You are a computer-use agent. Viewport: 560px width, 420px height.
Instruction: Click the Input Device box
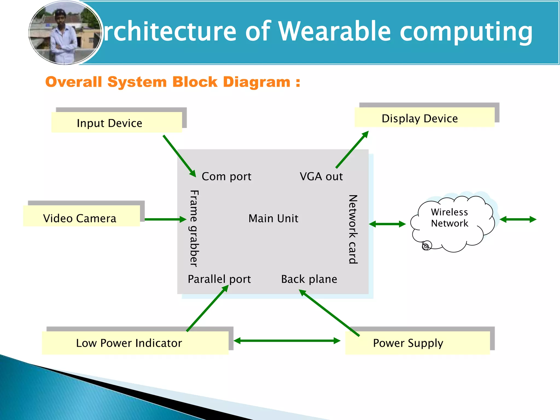coord(117,122)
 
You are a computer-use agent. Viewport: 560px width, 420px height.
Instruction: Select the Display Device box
coord(424,117)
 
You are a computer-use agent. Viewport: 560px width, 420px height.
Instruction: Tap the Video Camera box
coord(81,216)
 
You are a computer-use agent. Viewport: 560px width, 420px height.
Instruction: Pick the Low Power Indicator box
coord(135,343)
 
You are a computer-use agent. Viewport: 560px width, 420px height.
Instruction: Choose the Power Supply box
coord(418,343)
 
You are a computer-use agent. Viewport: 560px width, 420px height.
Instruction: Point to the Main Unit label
coord(273,218)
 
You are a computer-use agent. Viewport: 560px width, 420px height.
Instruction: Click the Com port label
coord(226,177)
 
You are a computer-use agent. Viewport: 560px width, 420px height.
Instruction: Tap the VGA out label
coord(321,177)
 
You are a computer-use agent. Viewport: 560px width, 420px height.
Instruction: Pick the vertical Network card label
coord(353,229)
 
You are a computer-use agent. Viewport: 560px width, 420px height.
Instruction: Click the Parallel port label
coord(219,279)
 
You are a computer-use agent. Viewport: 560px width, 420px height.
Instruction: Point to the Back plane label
coord(309,279)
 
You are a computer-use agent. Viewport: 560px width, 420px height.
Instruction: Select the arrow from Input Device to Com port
coord(179,156)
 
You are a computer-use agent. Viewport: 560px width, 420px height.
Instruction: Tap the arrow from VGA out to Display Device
coord(352,150)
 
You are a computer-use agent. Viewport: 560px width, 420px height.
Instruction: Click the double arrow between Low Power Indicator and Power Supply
coord(287,341)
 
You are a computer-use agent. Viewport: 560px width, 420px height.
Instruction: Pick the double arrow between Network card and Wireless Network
coord(387,224)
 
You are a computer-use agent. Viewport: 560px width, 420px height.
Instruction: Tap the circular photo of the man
coord(65,33)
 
